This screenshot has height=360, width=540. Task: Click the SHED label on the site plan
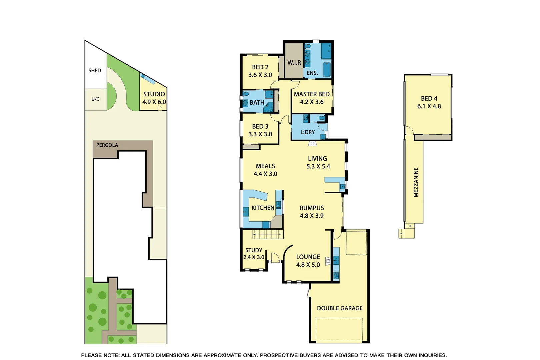point(95,70)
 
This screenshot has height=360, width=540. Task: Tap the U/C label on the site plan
point(95,99)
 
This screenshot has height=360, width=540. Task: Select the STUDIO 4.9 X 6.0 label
point(154,98)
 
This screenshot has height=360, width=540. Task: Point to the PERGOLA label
point(107,145)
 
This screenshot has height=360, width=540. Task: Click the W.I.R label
point(294,63)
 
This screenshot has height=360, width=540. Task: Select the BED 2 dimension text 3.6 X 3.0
point(260,75)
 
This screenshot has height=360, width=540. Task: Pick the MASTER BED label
point(312,94)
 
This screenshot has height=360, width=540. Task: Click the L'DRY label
point(308,132)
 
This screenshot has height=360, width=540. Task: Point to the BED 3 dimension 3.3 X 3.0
point(260,134)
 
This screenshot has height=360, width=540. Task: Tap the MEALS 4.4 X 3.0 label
point(265,170)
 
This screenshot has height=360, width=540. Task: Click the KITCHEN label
point(263,208)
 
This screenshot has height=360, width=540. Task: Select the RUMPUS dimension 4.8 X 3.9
point(312,216)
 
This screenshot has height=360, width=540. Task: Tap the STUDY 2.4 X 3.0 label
point(254,254)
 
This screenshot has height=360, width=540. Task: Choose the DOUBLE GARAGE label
point(340,308)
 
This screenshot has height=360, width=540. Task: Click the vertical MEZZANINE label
point(416,182)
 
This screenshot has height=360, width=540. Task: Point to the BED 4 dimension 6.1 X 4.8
point(429,106)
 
